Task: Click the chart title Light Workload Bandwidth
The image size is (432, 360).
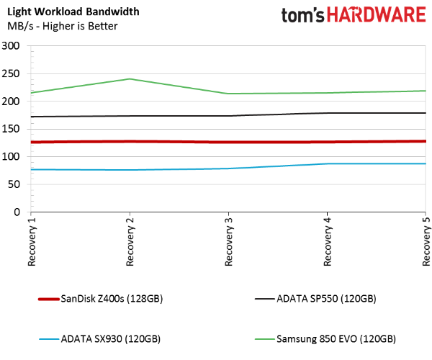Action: point(73,12)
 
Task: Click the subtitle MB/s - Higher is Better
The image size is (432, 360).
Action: point(63,26)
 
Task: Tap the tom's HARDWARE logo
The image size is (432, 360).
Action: point(354,15)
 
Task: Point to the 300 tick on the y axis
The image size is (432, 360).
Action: point(11,46)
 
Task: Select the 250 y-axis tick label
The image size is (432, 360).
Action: point(11,74)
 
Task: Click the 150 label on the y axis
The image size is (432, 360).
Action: point(11,129)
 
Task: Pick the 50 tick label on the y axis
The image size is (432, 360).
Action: point(14,184)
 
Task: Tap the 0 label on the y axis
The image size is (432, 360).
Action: point(17,212)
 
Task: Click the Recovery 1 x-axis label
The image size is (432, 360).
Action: point(32,242)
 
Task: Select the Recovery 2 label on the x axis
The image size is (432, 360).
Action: point(130,242)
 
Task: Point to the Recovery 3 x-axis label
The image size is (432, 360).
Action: point(229,242)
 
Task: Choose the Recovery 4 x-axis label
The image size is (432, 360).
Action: point(328,242)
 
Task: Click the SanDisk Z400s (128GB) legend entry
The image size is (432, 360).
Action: point(101,299)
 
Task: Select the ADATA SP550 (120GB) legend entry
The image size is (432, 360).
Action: point(315,299)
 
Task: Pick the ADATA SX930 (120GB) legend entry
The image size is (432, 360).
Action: point(100,339)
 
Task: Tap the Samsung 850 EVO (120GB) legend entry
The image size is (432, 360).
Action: point(325,339)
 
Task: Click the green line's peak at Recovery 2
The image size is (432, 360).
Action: point(130,79)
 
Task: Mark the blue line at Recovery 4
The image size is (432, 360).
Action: point(327,163)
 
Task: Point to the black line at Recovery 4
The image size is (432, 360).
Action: point(327,113)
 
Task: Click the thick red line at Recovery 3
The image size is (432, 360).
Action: point(228,142)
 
